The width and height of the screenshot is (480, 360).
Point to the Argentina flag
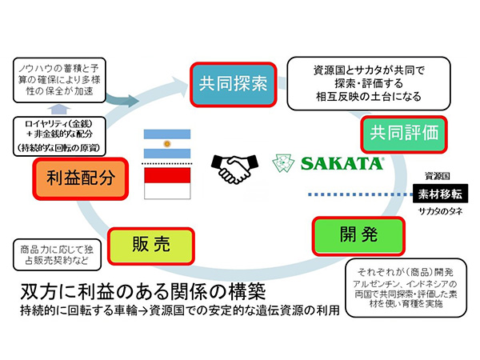[167, 143]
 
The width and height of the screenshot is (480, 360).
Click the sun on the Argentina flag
[167, 143]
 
